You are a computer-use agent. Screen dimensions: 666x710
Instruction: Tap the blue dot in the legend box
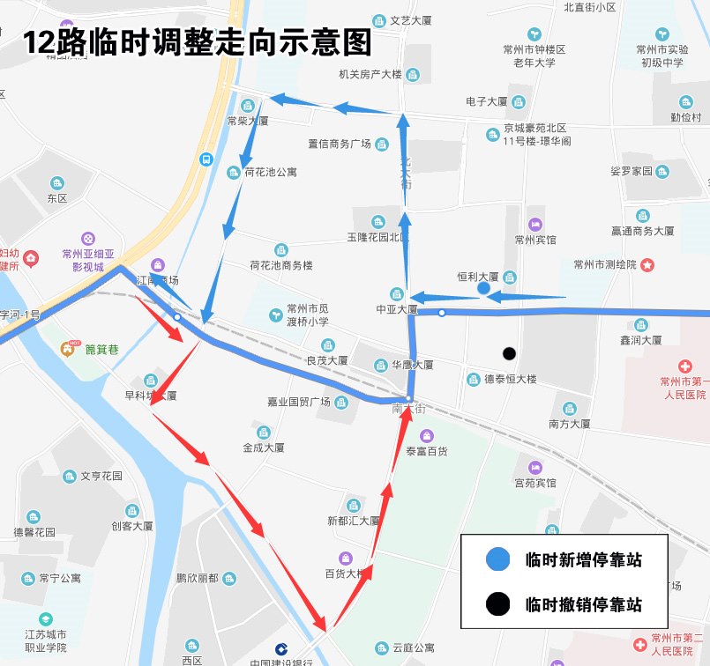tap(497, 559)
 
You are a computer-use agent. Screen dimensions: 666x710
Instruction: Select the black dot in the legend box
tap(497, 604)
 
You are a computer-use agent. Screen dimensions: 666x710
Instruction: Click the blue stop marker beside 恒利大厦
tap(482, 288)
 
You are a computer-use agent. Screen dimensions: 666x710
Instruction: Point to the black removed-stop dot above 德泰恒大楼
tap(509, 354)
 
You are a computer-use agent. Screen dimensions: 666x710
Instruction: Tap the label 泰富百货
tap(426, 450)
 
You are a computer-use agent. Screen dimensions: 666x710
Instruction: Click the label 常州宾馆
tap(535, 239)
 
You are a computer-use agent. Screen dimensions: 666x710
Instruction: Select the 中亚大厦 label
tap(397, 309)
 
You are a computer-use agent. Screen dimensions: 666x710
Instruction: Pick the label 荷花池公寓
tap(270, 173)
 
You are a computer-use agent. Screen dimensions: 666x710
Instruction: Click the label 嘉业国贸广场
tap(298, 402)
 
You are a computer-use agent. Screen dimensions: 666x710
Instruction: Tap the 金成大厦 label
tap(263, 447)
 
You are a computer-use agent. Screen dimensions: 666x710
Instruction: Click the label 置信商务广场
tap(339, 144)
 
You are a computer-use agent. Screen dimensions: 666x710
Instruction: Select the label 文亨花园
tap(101, 476)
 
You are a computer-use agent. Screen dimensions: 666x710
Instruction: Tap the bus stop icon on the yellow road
tap(206, 159)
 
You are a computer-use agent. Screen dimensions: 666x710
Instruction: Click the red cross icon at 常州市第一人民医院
tap(685, 366)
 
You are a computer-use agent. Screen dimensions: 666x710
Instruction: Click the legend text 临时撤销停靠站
tap(582, 604)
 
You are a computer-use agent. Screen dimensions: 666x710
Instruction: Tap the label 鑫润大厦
tap(641, 339)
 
